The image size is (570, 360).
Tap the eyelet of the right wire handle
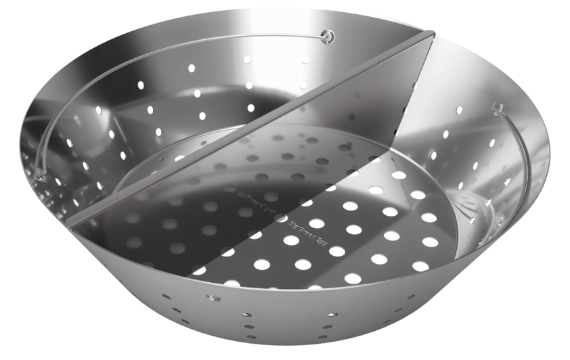pyautogui.click(x=498, y=106)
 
